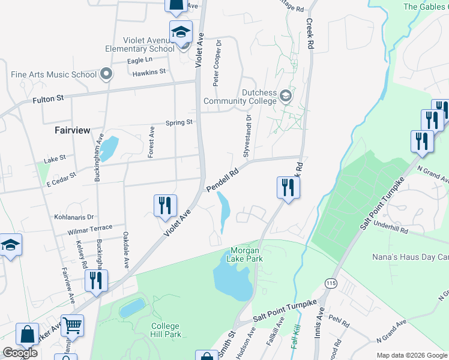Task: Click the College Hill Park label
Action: [166, 331]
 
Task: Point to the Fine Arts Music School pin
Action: [107, 74]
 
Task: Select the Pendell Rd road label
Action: [223, 180]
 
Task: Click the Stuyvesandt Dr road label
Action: [246, 138]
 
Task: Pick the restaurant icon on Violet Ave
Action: [164, 205]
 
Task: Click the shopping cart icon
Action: [72, 325]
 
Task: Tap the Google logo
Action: [20, 353]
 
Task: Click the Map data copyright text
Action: [412, 355]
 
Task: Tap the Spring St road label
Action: [179, 122]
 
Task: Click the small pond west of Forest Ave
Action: [109, 148]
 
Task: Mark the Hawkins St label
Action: [149, 71]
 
